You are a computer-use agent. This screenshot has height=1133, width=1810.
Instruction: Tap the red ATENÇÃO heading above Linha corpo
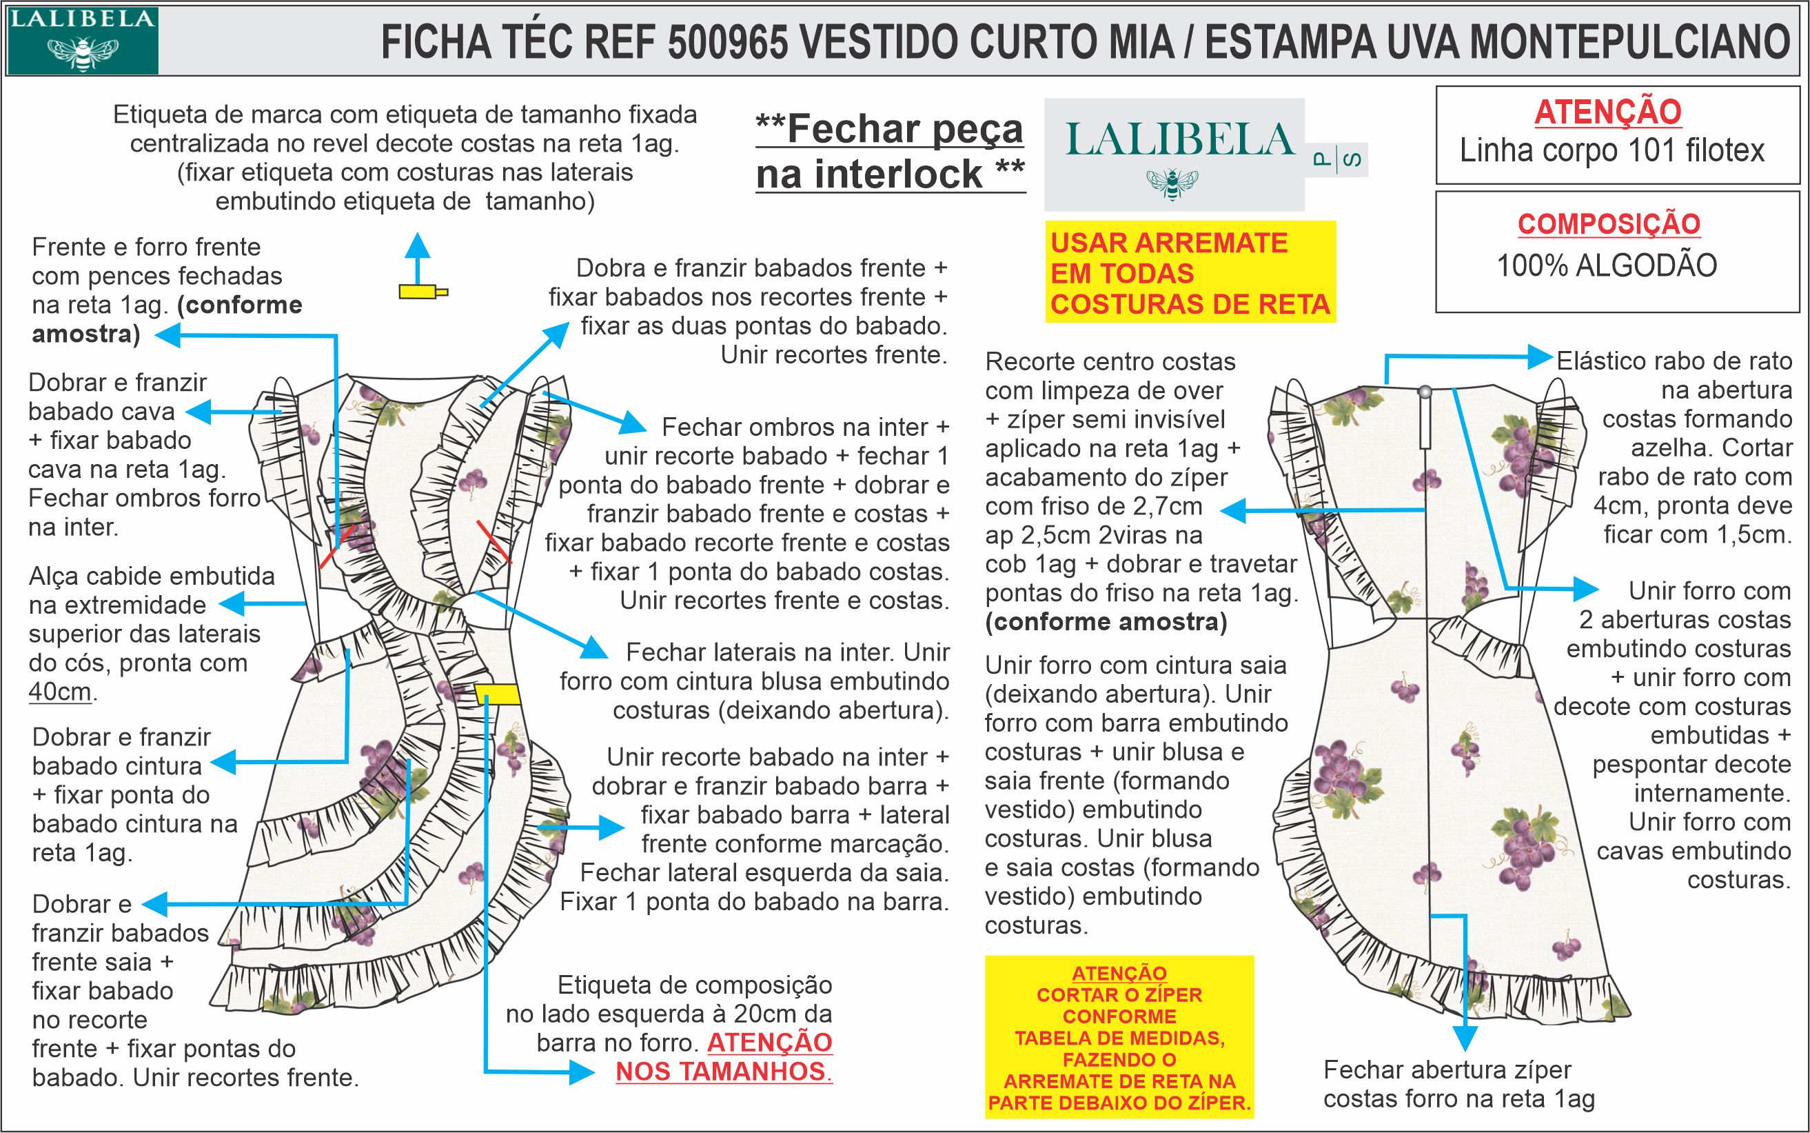coord(1608,112)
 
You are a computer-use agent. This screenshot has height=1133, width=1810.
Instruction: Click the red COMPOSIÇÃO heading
coord(1609,223)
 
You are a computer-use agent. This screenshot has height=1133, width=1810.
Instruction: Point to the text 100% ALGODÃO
coord(1607,266)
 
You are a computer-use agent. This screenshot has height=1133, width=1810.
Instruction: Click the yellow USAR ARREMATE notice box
coord(1190,272)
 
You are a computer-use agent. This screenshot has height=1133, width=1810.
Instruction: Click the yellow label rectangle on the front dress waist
coord(497,694)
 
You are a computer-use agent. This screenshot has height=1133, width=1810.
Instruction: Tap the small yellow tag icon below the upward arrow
coord(423,292)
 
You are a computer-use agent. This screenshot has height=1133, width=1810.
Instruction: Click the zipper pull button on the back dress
coord(1425,391)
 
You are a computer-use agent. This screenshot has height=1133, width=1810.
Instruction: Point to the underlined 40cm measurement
coord(60,692)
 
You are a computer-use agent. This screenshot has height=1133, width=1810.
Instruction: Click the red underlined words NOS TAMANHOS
coord(724,1072)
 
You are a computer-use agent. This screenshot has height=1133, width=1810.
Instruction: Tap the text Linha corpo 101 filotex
coord(1612,150)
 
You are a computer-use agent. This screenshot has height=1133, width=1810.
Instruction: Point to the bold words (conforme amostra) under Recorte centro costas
coord(1107,622)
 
